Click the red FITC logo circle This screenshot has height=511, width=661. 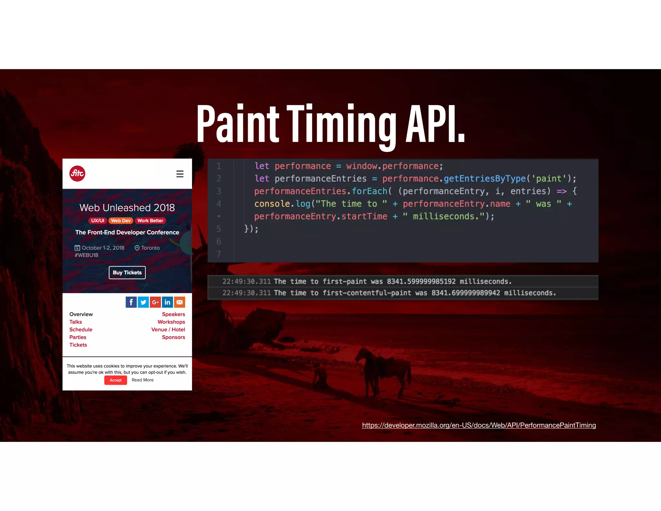(77, 173)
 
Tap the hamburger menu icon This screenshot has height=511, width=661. (180, 174)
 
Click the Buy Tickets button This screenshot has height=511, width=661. (127, 272)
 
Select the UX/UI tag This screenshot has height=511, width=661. (97, 221)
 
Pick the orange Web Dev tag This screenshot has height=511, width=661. (121, 221)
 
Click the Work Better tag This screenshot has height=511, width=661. (150, 221)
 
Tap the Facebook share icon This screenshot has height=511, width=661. (131, 302)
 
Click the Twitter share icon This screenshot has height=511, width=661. (143, 302)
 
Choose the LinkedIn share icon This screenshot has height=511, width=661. (168, 302)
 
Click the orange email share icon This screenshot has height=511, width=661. (180, 302)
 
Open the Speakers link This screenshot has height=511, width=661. (173, 314)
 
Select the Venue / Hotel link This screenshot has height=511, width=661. (168, 329)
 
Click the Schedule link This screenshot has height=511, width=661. (81, 329)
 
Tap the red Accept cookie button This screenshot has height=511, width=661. (116, 380)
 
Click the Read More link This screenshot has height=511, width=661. (143, 380)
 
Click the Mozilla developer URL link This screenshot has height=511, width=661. (479, 425)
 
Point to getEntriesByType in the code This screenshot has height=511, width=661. (485, 178)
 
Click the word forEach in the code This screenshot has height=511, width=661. (370, 191)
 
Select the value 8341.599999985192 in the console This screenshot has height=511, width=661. (421, 281)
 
